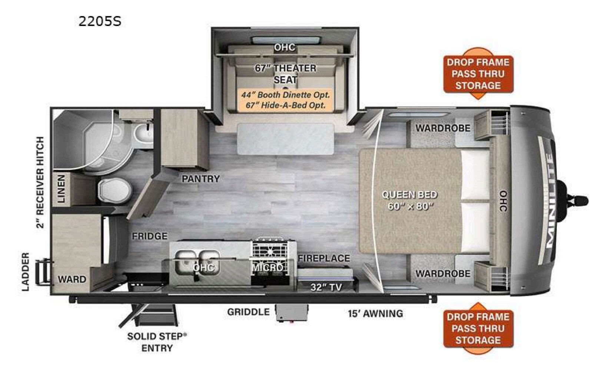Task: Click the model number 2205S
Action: (x=100, y=22)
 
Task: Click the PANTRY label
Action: (x=201, y=179)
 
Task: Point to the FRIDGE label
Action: (x=150, y=236)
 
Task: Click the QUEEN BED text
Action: (x=410, y=194)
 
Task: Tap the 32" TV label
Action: (x=326, y=287)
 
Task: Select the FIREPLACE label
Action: (x=324, y=258)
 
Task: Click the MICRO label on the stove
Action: (x=268, y=267)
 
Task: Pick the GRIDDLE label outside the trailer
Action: (x=248, y=312)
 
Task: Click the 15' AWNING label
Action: (x=375, y=313)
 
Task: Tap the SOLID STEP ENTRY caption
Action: (x=157, y=342)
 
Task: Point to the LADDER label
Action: (x=26, y=272)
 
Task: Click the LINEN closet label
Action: (x=61, y=188)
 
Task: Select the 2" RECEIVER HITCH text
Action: (x=40, y=183)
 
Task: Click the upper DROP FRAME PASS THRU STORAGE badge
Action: (x=478, y=74)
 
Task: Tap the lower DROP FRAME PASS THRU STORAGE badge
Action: (x=478, y=328)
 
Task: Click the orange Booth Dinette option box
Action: (x=285, y=100)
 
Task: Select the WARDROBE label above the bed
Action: (x=443, y=128)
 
